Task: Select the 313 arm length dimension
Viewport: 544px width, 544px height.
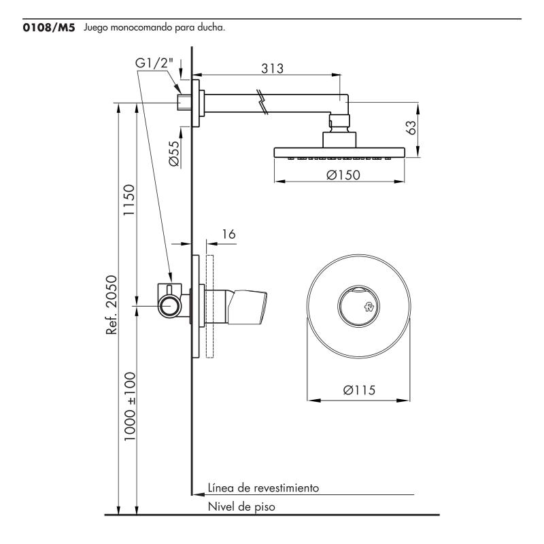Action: point(273,68)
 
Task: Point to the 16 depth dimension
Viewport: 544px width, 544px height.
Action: point(228,234)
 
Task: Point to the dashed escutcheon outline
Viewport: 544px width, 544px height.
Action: point(210,306)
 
